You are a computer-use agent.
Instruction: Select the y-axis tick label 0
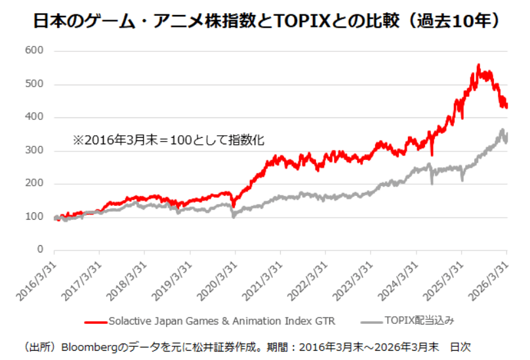(40, 250)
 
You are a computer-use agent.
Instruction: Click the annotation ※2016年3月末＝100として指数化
(168, 140)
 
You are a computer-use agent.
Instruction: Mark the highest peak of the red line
(479, 65)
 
